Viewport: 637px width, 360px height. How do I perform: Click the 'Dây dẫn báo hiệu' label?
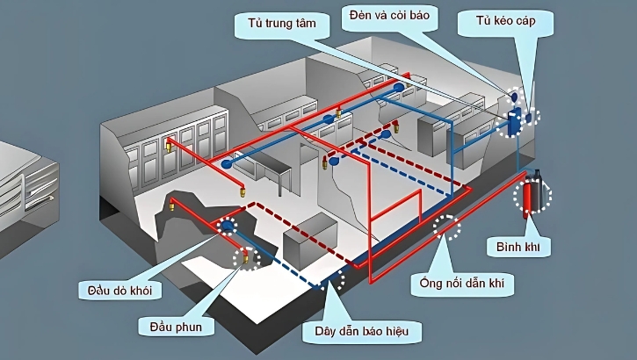[362, 332]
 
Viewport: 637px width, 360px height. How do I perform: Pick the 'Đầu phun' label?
[176, 327]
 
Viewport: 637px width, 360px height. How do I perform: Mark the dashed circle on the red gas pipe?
[446, 227]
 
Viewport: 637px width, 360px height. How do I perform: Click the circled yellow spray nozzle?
[248, 256]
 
